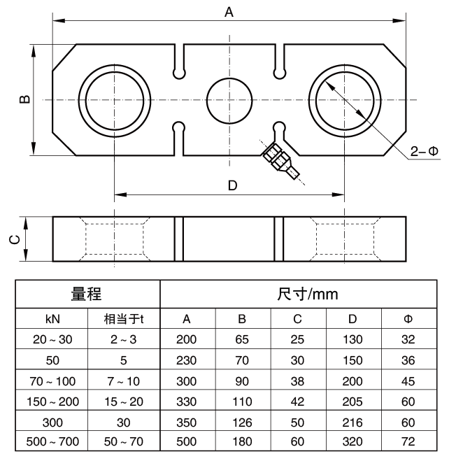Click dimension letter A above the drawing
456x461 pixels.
click(228, 11)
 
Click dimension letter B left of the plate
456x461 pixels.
click(23, 100)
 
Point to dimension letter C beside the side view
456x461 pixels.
click(15, 239)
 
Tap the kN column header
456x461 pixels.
click(52, 319)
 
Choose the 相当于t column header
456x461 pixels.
click(124, 319)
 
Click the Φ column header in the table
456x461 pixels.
click(409, 319)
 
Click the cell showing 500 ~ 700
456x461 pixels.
click(52, 442)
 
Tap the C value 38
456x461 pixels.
click(297, 381)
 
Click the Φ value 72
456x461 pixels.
click(409, 442)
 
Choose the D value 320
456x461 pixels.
click(353, 442)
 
